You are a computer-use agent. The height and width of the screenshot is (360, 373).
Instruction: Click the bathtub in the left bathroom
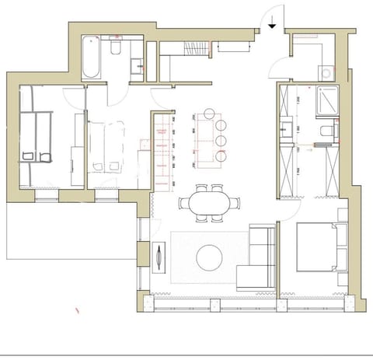pos(91,58)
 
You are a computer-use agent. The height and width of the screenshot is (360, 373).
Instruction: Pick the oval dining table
pos(209,203)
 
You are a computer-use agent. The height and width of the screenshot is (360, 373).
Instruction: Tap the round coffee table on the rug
pos(209,257)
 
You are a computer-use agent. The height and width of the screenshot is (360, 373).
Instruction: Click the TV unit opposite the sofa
pos(159,257)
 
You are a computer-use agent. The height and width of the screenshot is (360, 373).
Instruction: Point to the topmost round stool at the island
pos(220,125)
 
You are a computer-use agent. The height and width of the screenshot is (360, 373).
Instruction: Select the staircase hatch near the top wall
pos(191,50)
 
